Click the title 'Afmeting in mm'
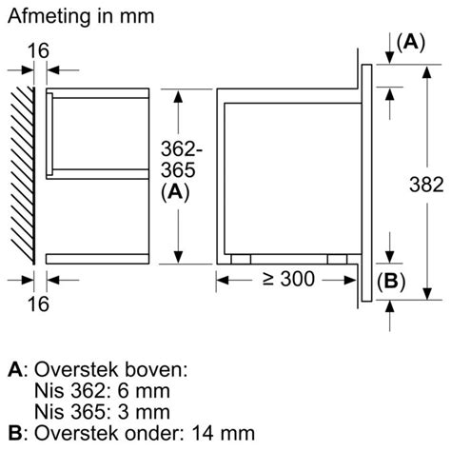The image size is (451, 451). click(x=81, y=16)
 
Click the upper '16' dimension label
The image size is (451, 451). click(x=38, y=50)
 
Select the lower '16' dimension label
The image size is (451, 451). click(x=38, y=304)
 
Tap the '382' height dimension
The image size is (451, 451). click(x=426, y=185)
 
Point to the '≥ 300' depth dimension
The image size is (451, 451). click(x=288, y=279)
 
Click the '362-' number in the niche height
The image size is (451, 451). click(x=181, y=148)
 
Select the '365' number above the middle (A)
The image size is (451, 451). click(x=178, y=170)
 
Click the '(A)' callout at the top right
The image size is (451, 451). click(x=411, y=43)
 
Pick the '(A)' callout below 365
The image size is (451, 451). click(x=175, y=192)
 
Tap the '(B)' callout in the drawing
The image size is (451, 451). click(x=391, y=282)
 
